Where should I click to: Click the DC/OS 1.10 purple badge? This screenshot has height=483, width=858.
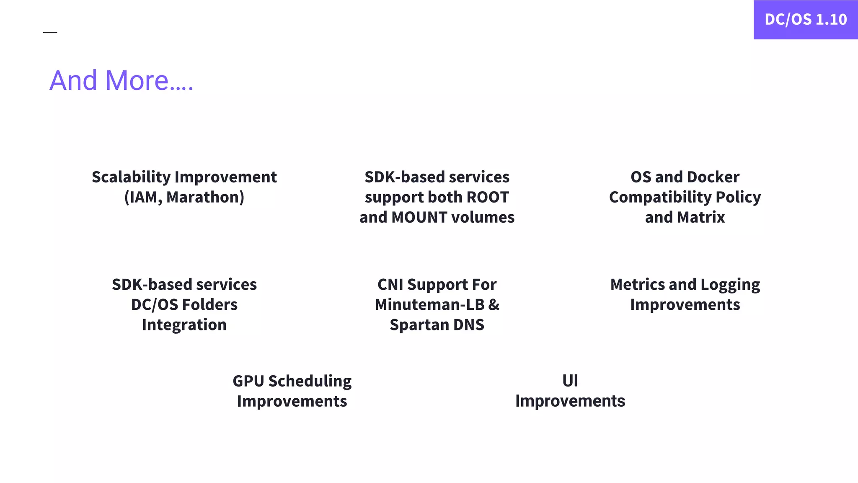coord(805,20)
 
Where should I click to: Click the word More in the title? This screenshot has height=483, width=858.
coord(137,80)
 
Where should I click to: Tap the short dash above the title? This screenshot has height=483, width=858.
coord(50,32)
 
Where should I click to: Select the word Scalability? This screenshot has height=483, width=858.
coord(131,177)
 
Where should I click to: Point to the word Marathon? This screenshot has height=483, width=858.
coord(205,197)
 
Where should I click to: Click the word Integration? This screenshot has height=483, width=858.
coord(184,325)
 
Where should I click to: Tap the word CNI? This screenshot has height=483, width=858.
coord(390,285)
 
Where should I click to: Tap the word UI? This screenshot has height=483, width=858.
coord(570,381)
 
